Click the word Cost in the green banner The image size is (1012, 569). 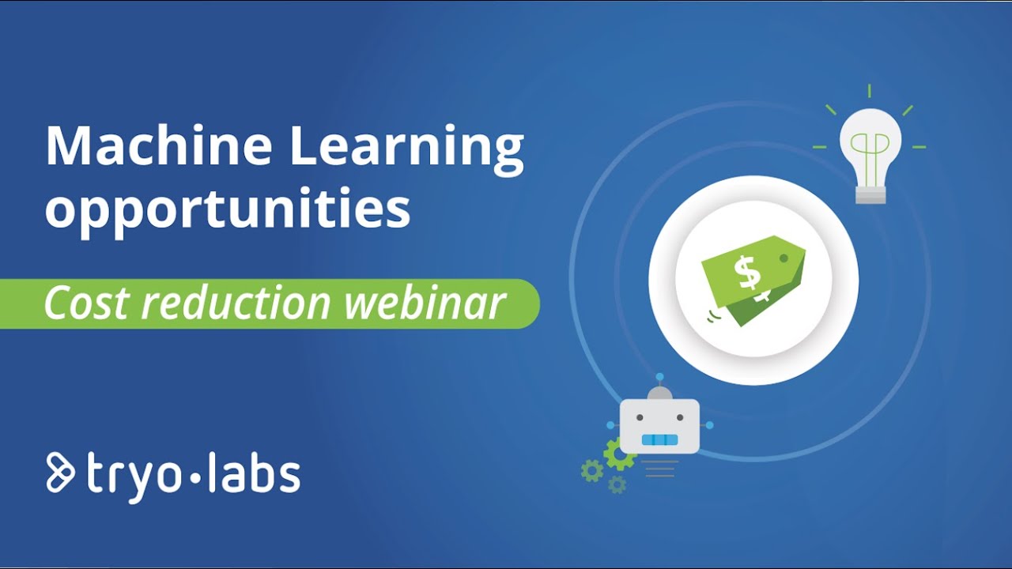[x=77, y=303]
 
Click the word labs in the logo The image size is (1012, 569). [x=255, y=473]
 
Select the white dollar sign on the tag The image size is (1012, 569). [x=747, y=273]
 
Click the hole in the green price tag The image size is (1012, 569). [x=784, y=258]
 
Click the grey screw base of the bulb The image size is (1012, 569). [x=870, y=193]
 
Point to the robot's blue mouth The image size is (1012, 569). [x=659, y=440]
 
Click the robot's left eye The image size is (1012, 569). [x=640, y=416]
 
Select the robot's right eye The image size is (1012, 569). [x=680, y=416]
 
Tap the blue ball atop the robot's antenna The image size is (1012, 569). [x=659, y=376]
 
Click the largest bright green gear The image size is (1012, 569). [x=617, y=454]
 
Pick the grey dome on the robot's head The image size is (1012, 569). [x=659, y=394]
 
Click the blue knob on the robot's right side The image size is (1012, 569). [x=709, y=425]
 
